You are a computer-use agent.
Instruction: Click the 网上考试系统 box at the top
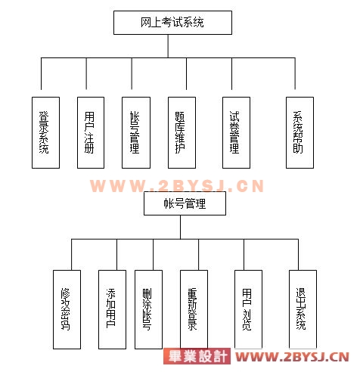172,23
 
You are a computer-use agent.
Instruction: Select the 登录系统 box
45,132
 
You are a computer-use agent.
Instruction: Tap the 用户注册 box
91,132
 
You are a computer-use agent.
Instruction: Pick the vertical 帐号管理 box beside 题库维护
136,132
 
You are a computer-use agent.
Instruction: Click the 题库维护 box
182,132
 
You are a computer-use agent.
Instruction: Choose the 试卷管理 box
236,132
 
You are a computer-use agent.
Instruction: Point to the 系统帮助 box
299,132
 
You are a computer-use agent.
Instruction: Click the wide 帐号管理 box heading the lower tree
185,203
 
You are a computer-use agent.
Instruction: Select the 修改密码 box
67,309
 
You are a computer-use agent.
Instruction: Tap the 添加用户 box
112,309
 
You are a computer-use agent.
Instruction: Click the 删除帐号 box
148,309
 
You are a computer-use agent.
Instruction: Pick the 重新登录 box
194,309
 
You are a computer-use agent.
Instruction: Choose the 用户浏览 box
248,309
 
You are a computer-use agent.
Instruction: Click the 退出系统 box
303,309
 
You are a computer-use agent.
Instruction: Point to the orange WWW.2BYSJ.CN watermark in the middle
177,186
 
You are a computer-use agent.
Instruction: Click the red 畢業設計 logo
197,356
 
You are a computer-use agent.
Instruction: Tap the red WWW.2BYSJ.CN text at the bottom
293,357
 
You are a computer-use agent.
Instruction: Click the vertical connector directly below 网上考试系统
168,46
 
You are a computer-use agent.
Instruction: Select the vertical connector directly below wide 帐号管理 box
181,227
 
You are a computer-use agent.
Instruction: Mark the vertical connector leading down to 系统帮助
295,73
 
